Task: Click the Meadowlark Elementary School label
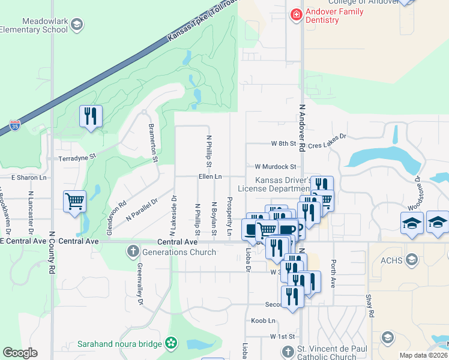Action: coord(34,25)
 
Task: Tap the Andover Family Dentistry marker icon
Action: coord(295,15)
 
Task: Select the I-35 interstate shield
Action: coord(15,126)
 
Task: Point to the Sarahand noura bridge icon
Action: coord(171,344)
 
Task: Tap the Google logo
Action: coord(20,353)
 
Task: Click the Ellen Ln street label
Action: coord(210,177)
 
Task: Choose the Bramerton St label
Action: coord(154,143)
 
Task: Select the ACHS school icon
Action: coord(412,259)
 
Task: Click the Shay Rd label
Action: coord(371,305)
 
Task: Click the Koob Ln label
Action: coord(263,321)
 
